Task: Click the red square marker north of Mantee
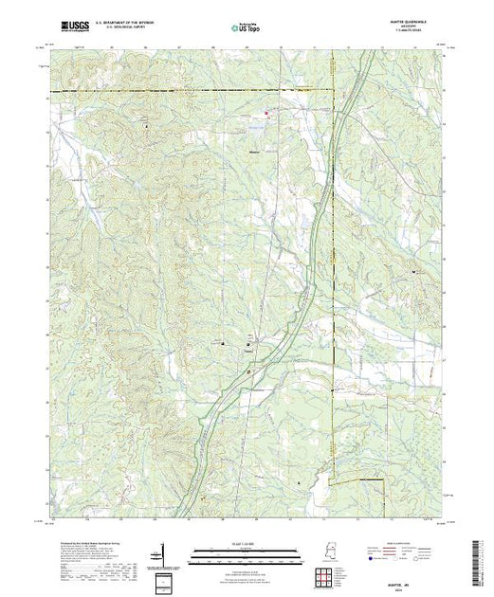click(x=266, y=115)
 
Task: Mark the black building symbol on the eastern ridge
click(x=414, y=273)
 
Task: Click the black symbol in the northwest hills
click(x=145, y=125)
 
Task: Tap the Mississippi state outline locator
click(x=332, y=551)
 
